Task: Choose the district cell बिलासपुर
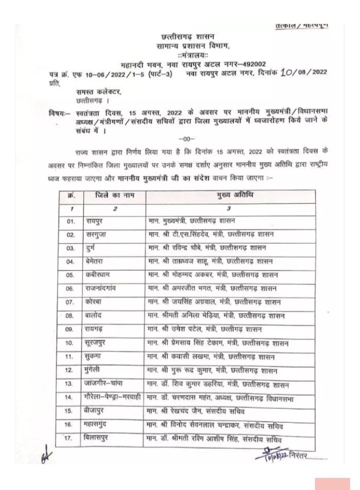[97, 439]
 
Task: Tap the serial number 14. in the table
[70, 398]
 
